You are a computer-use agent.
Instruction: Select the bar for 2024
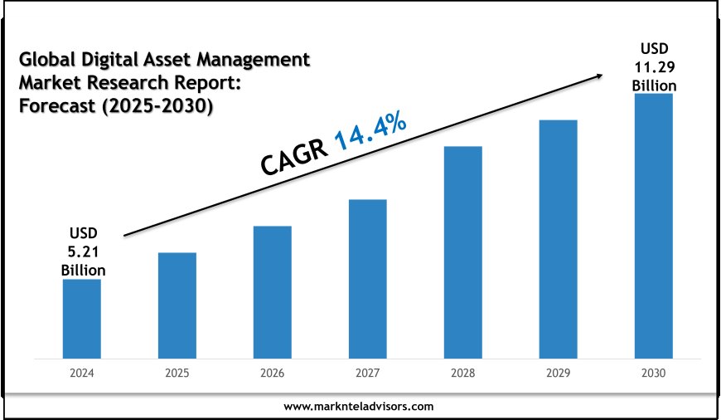[x=81, y=318]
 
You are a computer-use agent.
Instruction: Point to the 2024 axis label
[x=81, y=374]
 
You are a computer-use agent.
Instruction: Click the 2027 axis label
[x=367, y=374]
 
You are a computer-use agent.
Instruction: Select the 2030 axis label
[x=653, y=374]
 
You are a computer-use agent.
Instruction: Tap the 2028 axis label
[x=462, y=374]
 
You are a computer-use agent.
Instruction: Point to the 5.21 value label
[x=83, y=252]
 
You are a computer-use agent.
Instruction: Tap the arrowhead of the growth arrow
[x=598, y=76]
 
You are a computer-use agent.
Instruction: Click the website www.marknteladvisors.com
[x=358, y=407]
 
